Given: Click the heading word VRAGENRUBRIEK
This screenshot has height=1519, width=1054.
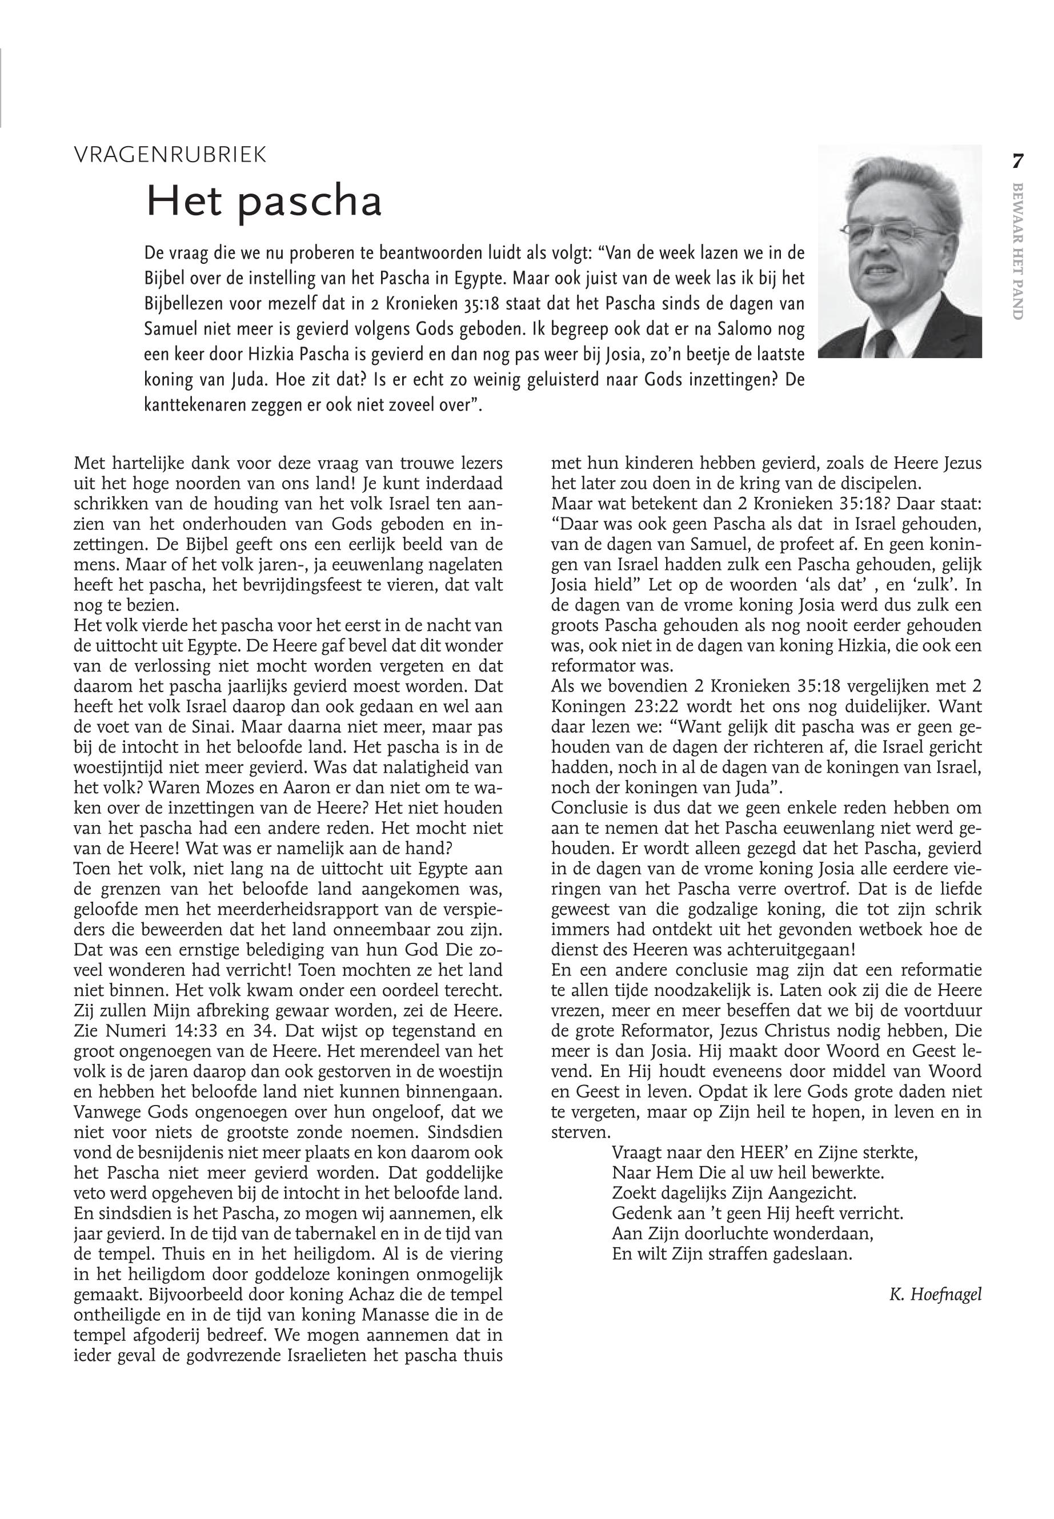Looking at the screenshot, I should [x=170, y=155].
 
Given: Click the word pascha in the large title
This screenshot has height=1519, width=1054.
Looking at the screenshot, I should [x=310, y=202].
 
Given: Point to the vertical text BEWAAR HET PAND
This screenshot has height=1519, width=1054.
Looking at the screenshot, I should [x=1017, y=251].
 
